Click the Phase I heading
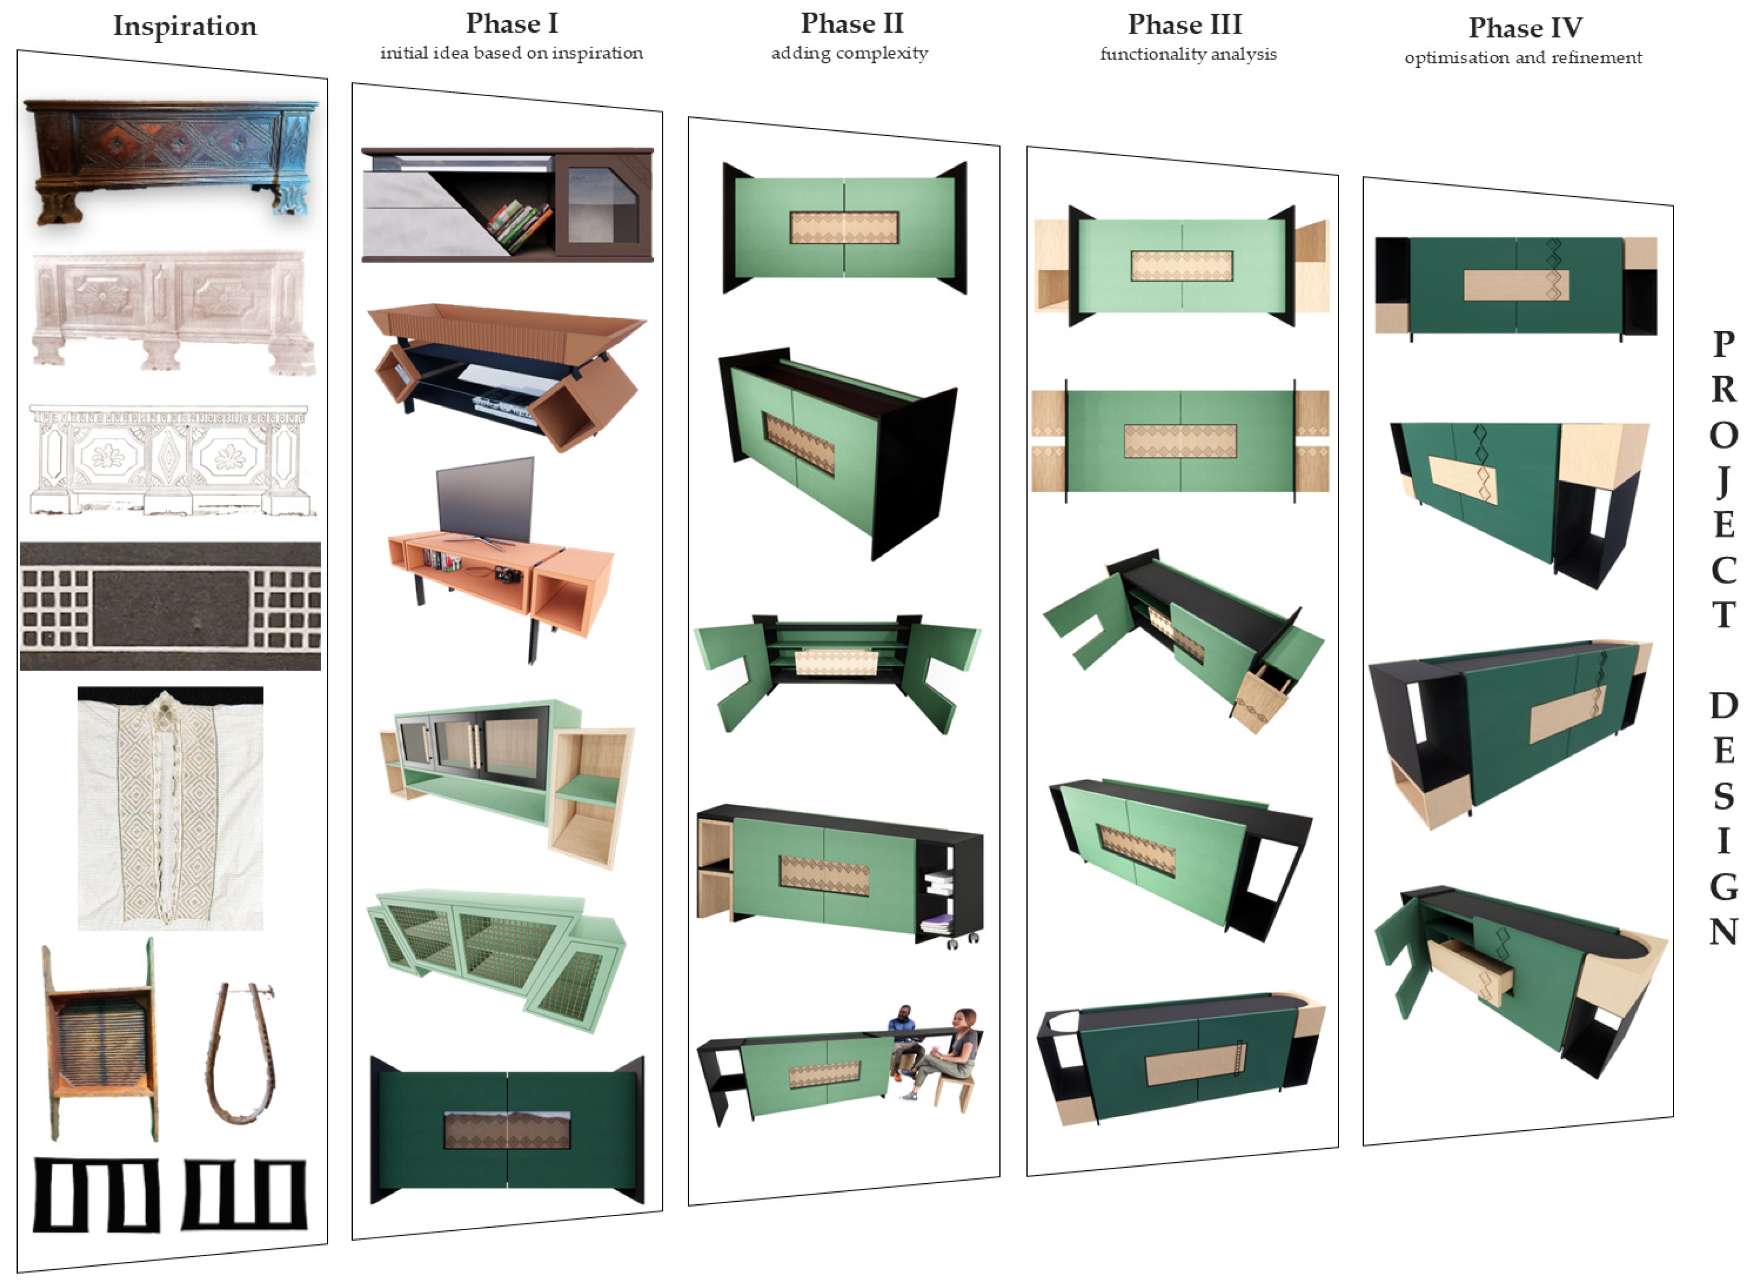(511, 24)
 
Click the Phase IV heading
(1525, 28)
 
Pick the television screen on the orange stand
(485, 500)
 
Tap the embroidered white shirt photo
(170, 808)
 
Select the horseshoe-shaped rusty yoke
(240, 1053)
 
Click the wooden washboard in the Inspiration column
(100, 1039)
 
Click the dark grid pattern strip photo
(170, 606)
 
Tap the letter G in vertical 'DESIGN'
(1723, 886)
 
